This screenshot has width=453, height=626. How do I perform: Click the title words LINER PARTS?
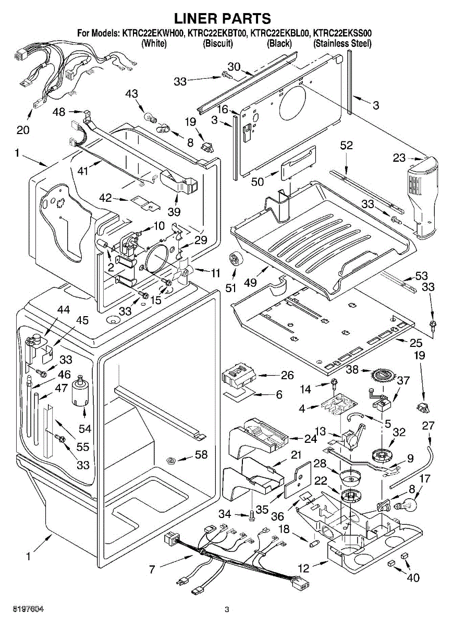tap(222, 19)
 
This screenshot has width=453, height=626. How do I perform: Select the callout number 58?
tap(201, 454)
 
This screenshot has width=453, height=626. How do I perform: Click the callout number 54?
tap(84, 428)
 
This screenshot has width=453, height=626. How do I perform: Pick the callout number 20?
tap(23, 129)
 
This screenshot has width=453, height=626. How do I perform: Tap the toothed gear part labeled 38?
tap(383, 375)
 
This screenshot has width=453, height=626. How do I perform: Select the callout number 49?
tap(251, 283)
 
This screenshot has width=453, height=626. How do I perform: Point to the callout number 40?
tap(412, 577)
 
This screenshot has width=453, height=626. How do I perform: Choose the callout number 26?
tap(287, 376)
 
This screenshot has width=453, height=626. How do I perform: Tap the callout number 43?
tap(132, 93)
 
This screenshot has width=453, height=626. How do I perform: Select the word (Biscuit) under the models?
tap(217, 44)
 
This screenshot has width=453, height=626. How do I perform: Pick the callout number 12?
tap(303, 568)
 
